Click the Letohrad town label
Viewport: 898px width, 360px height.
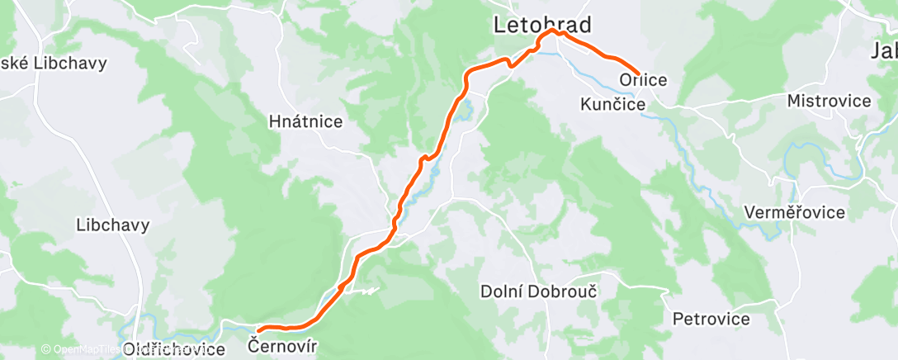tap(543, 25)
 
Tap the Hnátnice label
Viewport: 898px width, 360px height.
tap(305, 121)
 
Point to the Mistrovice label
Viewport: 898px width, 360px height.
tap(829, 101)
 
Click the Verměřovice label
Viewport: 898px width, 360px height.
tap(794, 212)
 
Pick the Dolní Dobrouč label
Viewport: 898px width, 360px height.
tap(539, 291)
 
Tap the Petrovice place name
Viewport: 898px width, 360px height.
tap(711, 319)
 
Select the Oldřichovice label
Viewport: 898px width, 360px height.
tap(173, 350)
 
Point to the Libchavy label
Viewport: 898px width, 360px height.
tap(112, 225)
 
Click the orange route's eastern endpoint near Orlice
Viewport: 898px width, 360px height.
tap(638, 73)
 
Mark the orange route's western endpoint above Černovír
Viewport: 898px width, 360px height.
tap(260, 331)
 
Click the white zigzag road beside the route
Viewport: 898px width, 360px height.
tap(363, 290)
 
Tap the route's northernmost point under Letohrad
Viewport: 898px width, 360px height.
tap(551, 31)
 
